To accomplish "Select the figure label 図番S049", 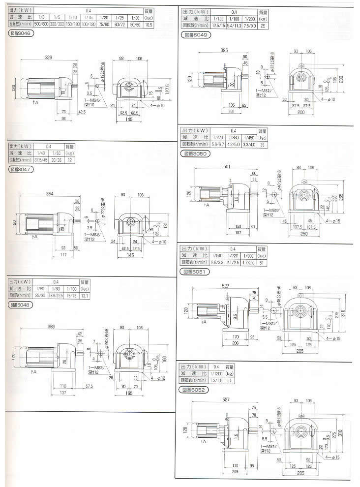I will pos(196,35).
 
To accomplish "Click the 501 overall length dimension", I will pos(226,167).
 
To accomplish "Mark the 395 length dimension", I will pos(224,51).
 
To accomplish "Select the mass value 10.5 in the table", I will pos(150,23).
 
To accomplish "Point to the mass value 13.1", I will pos(86,295).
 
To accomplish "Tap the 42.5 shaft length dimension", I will pos(82,112).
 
